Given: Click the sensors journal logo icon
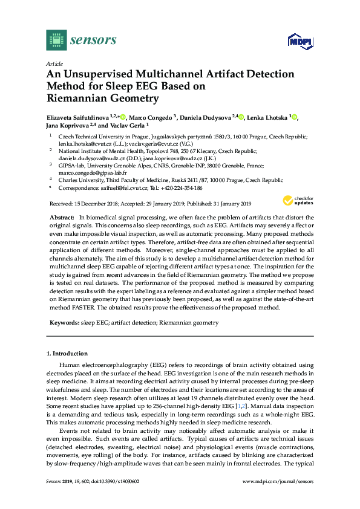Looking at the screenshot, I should coord(55,40).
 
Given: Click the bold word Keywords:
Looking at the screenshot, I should coord(64,323).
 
